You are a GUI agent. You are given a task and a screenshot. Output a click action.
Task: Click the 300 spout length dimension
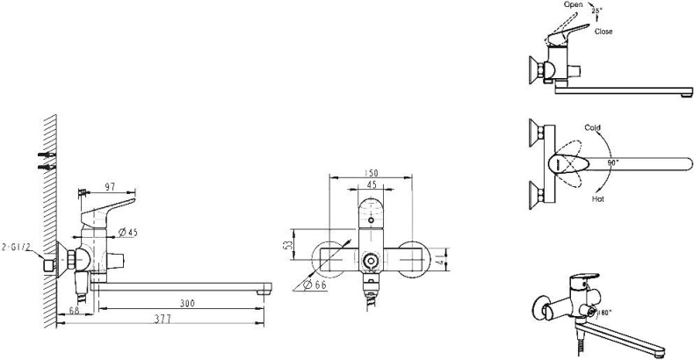point(184,304)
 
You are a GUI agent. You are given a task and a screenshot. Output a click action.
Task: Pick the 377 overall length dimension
point(159,321)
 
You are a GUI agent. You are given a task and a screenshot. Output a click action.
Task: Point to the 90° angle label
point(611,162)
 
